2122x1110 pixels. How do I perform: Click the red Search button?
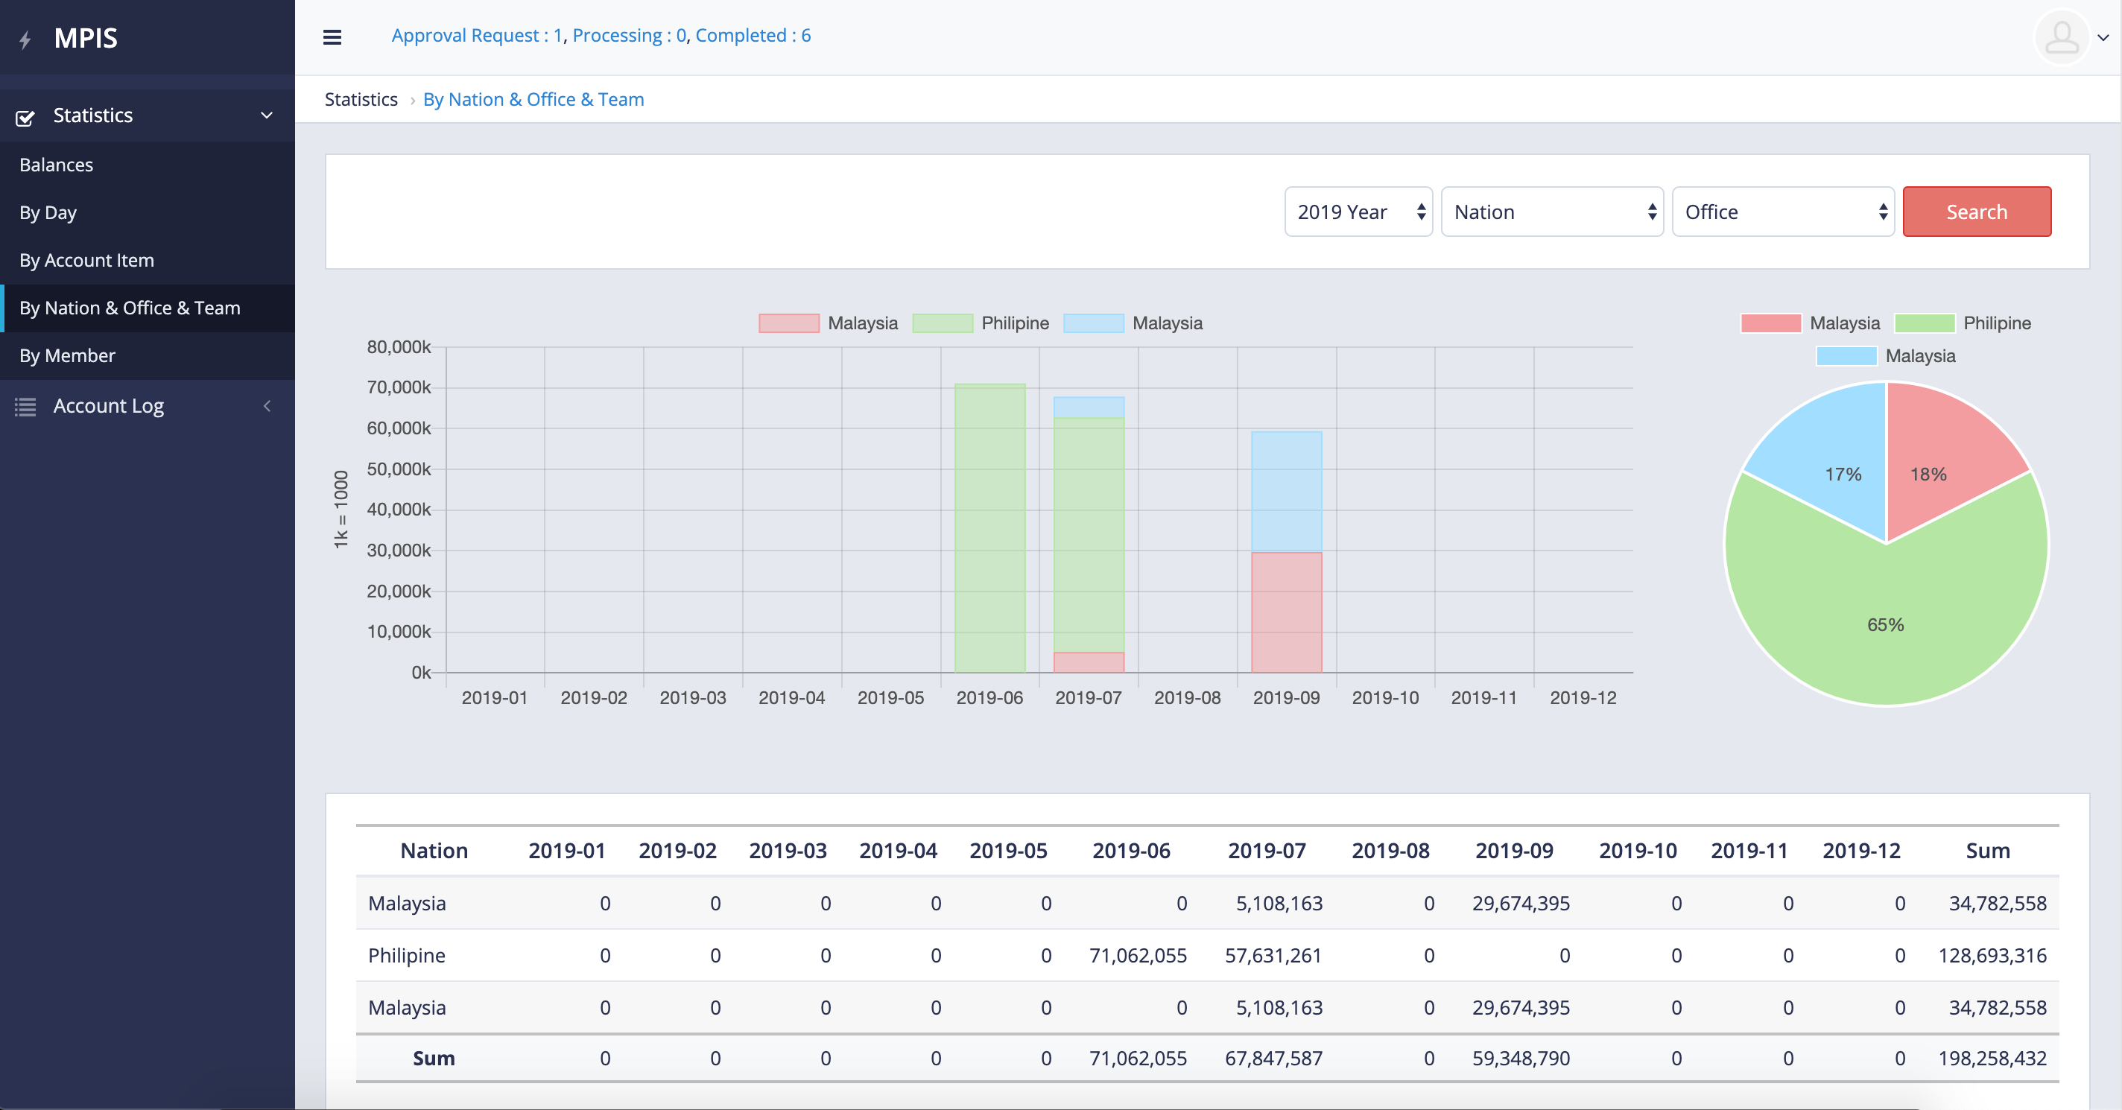1976,212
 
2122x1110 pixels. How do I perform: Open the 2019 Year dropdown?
1358,212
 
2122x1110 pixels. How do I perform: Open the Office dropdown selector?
1782,212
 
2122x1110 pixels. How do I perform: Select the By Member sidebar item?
68,356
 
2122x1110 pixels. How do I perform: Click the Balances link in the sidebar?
56,165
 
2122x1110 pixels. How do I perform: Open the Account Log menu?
108,406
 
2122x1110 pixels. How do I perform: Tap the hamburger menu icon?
332,37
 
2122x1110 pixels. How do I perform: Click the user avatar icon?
2061,37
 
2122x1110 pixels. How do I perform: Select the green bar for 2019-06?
989,527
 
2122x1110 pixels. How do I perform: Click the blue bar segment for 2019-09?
1286,491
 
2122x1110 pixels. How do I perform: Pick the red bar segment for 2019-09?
1286,612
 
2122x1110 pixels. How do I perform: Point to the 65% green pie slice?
1886,626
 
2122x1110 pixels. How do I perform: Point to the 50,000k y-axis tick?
399,469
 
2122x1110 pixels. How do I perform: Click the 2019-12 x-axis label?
1583,697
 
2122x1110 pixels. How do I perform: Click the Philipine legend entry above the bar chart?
981,323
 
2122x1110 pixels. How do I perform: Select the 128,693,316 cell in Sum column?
1992,955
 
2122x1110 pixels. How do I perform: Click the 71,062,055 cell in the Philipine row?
1137,955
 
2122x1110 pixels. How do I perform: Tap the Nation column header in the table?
434,851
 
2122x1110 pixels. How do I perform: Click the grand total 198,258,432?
1992,1058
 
